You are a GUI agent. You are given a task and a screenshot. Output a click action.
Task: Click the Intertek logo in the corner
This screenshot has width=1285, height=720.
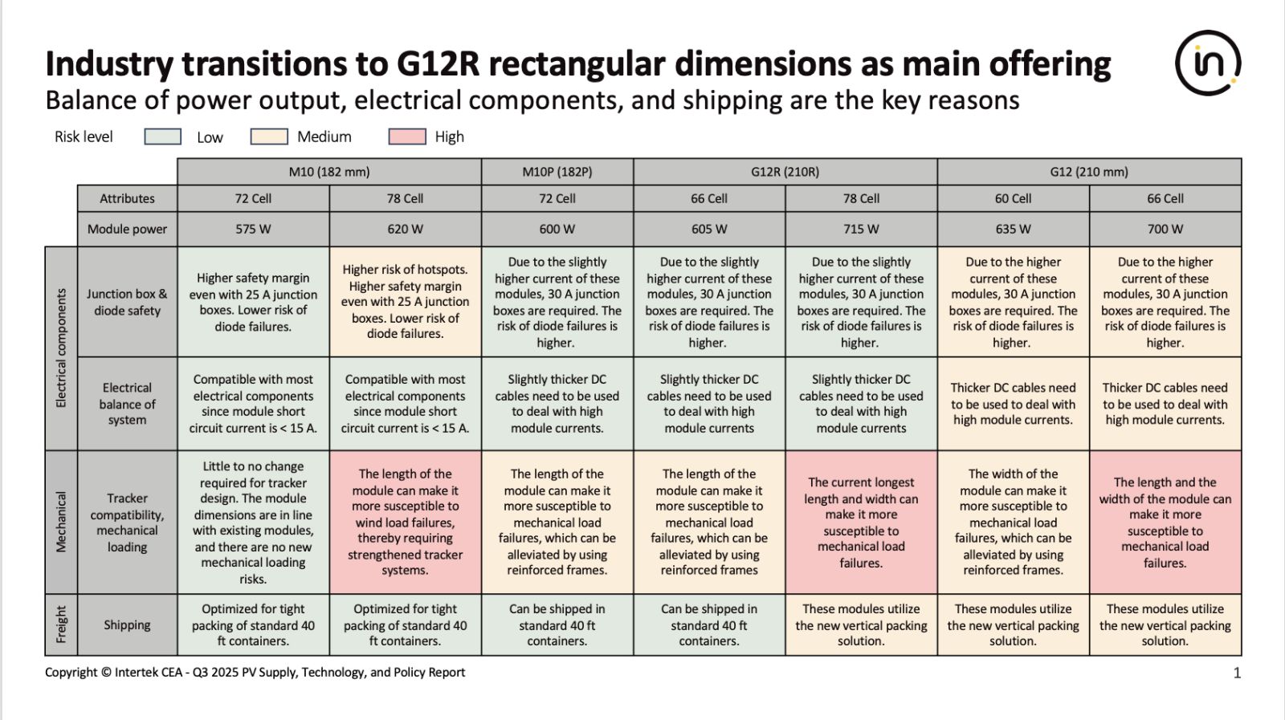coord(1208,63)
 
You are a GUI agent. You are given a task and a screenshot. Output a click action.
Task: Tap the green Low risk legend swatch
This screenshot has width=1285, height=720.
coord(163,136)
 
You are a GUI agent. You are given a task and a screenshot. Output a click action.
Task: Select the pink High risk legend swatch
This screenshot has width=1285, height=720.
coord(407,136)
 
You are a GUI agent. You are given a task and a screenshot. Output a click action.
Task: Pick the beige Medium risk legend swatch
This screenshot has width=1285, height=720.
coord(269,136)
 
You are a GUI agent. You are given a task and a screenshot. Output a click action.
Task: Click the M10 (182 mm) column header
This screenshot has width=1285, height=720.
coord(329,172)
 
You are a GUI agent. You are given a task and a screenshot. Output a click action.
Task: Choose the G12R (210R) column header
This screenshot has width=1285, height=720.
coord(785,172)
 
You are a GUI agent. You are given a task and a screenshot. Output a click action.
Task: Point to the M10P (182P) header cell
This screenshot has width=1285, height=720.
coord(557,172)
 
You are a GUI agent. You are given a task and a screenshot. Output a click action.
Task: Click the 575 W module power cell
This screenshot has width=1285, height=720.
coord(253,229)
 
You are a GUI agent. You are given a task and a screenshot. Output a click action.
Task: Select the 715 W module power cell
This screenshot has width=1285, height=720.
coord(861,229)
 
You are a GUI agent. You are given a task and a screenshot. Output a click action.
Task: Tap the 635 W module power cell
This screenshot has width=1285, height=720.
coord(1013,229)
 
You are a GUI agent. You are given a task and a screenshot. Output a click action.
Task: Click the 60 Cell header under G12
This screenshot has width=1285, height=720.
coord(1013,198)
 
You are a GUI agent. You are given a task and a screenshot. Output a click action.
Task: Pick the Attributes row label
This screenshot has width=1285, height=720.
coord(128,198)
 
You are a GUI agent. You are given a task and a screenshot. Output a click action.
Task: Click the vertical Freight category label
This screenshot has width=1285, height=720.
coord(61,624)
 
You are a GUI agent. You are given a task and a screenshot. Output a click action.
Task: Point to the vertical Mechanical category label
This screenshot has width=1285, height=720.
coord(61,522)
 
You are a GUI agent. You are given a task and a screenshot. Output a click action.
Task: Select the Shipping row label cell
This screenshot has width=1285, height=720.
coord(128,624)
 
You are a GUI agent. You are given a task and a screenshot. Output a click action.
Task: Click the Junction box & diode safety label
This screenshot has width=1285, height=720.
coord(128,302)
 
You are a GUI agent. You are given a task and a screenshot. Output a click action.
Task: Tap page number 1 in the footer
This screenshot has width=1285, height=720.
coord(1237,673)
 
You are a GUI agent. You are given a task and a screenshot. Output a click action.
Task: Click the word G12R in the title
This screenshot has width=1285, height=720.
coord(437,63)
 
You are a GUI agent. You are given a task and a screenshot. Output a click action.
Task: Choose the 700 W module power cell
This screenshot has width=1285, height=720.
coord(1165,229)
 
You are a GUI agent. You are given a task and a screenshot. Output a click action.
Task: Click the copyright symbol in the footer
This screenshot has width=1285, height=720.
coord(105,672)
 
